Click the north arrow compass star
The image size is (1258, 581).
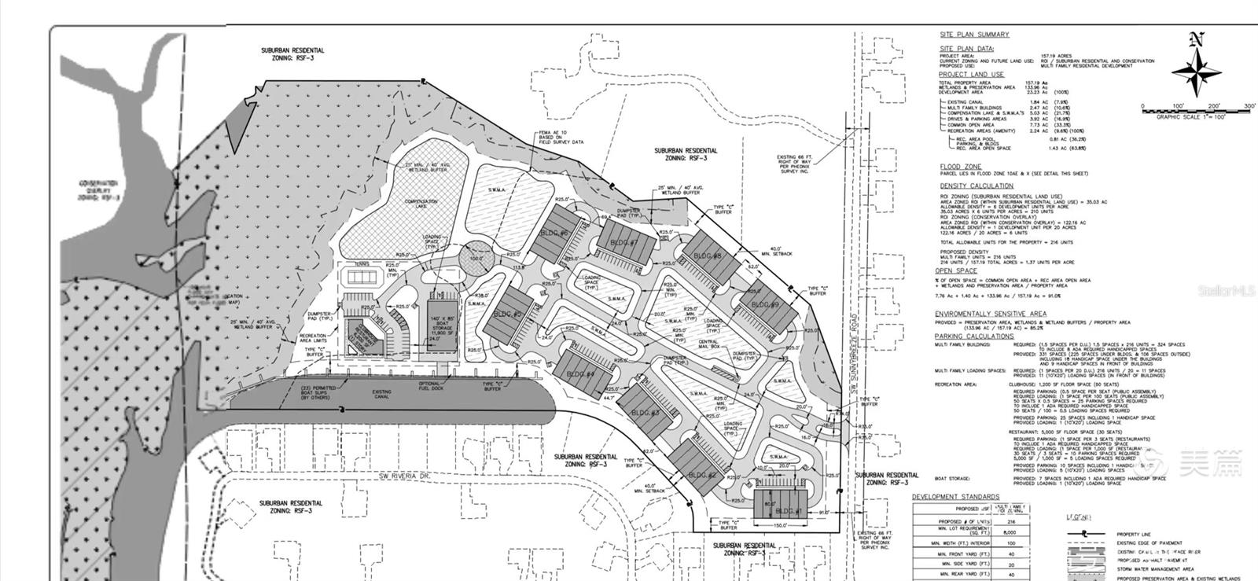tap(1197, 70)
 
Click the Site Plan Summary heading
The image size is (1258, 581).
tap(975, 35)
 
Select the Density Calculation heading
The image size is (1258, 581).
tap(977, 186)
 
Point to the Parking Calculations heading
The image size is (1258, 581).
tap(974, 336)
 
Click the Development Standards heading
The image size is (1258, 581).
tap(956, 497)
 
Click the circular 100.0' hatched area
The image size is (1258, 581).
tap(476, 259)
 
